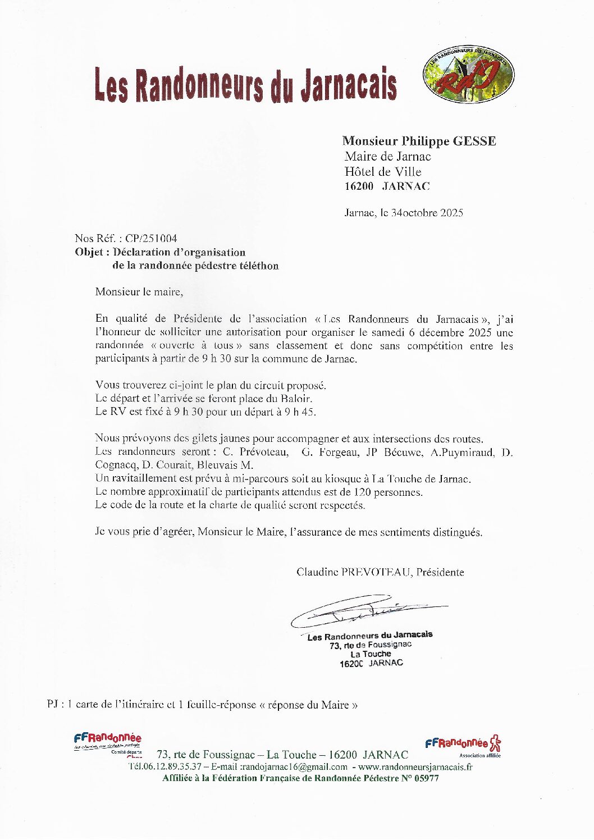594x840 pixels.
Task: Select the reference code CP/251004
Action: coord(151,239)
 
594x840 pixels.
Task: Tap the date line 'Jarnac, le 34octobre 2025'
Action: coord(403,213)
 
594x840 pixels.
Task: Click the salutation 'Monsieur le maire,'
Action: coord(139,292)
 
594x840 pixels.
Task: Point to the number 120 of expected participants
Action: coord(362,492)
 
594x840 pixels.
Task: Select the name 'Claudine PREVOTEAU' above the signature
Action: coord(354,572)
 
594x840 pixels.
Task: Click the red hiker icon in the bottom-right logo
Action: coord(495,743)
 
